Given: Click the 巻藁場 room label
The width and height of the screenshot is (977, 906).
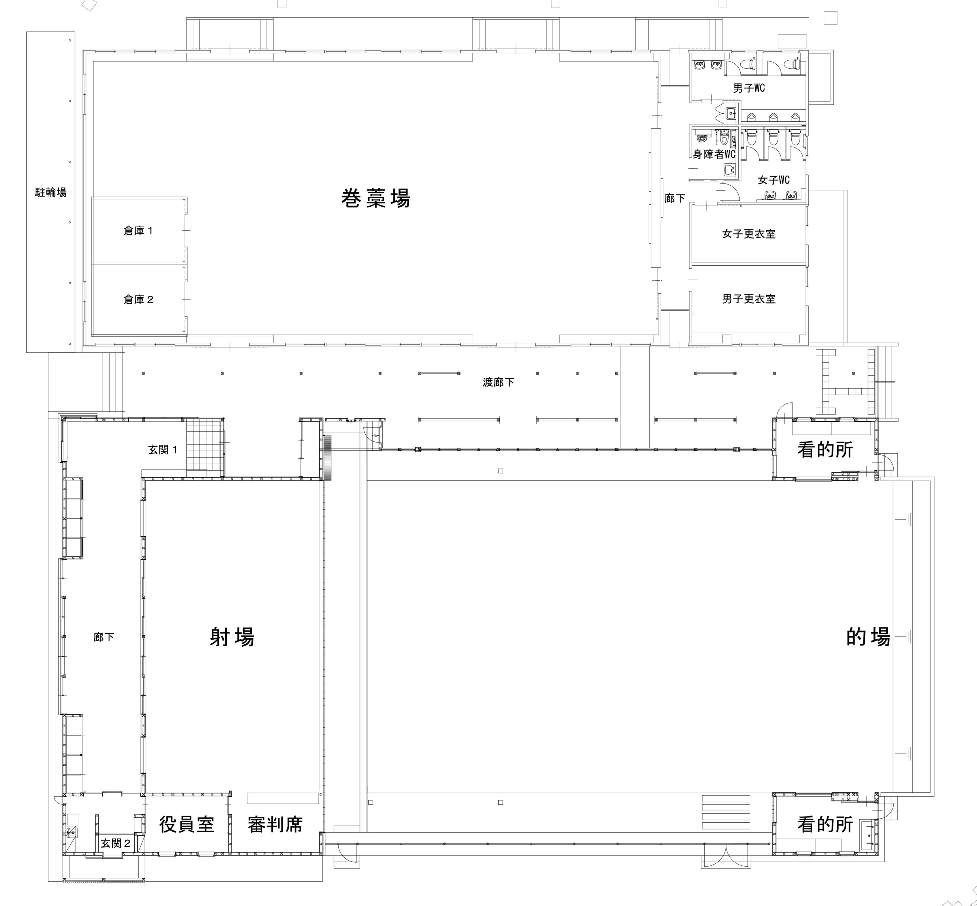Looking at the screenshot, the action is (x=376, y=198).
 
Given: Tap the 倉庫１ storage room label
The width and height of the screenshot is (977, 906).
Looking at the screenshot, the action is (x=138, y=230).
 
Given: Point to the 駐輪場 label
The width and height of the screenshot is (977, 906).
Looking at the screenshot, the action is (x=50, y=192).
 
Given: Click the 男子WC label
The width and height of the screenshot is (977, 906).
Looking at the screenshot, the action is (x=749, y=88).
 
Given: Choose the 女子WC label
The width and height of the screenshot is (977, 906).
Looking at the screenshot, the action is (x=773, y=180).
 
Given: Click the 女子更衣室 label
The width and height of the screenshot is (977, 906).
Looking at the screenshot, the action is (x=749, y=234).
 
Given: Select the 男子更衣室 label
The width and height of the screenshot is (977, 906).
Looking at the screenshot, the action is (x=749, y=299).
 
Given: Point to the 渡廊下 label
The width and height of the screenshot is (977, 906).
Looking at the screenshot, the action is (x=499, y=382).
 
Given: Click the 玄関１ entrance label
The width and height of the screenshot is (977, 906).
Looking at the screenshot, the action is (x=163, y=450).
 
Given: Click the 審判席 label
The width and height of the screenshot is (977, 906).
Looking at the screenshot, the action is (x=275, y=825).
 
